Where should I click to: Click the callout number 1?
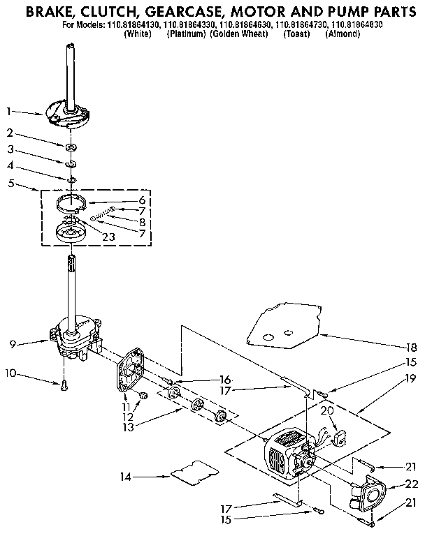pos(9,111)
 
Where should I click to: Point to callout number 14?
pos(124,477)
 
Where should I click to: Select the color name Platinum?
pos(185,33)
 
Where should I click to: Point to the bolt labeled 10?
pos(62,382)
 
